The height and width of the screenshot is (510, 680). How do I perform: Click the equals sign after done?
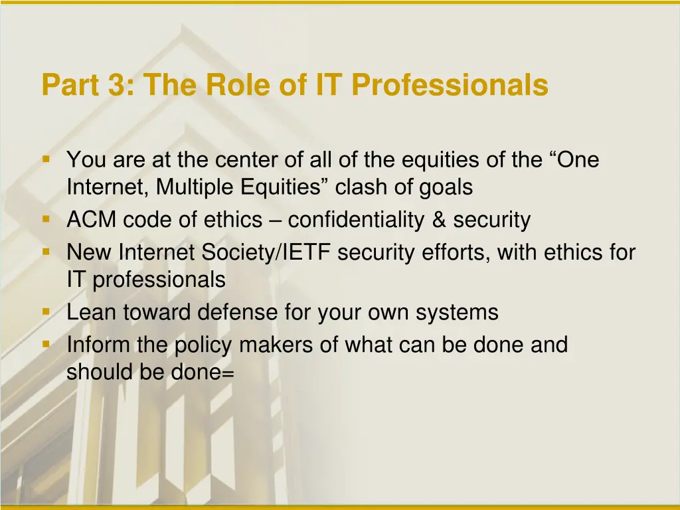point(228,374)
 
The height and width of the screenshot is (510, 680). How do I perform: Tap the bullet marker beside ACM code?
point(46,218)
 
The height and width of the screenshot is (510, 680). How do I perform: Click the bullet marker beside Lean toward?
point(46,310)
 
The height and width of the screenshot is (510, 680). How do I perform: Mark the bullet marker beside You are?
point(46,159)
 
